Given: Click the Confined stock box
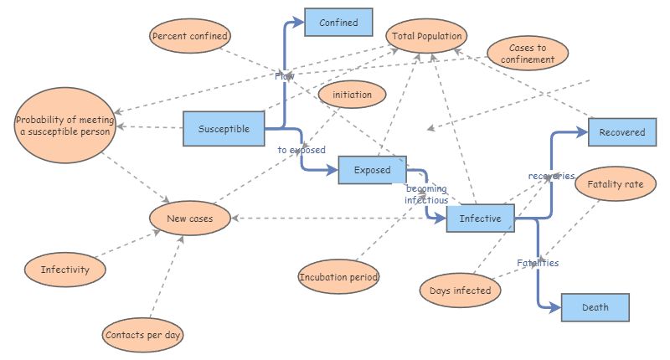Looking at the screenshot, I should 338,23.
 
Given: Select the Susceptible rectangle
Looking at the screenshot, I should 224,129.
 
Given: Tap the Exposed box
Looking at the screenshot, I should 372,170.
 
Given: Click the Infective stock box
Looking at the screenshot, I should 480,219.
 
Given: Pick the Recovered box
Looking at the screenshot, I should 622,132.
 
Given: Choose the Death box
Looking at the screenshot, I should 595,307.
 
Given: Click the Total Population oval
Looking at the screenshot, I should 426,36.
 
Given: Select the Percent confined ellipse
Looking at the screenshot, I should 190,36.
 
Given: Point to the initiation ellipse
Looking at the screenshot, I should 352,95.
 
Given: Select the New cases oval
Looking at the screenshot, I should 189,219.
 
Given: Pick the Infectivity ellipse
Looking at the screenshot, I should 64,270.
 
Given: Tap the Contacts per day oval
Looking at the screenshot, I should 143,335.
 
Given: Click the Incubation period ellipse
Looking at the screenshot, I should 338,276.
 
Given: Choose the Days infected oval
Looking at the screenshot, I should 460,290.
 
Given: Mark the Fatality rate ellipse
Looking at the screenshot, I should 616,184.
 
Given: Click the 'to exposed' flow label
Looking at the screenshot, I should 301,151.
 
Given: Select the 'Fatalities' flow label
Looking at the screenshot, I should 537,263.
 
